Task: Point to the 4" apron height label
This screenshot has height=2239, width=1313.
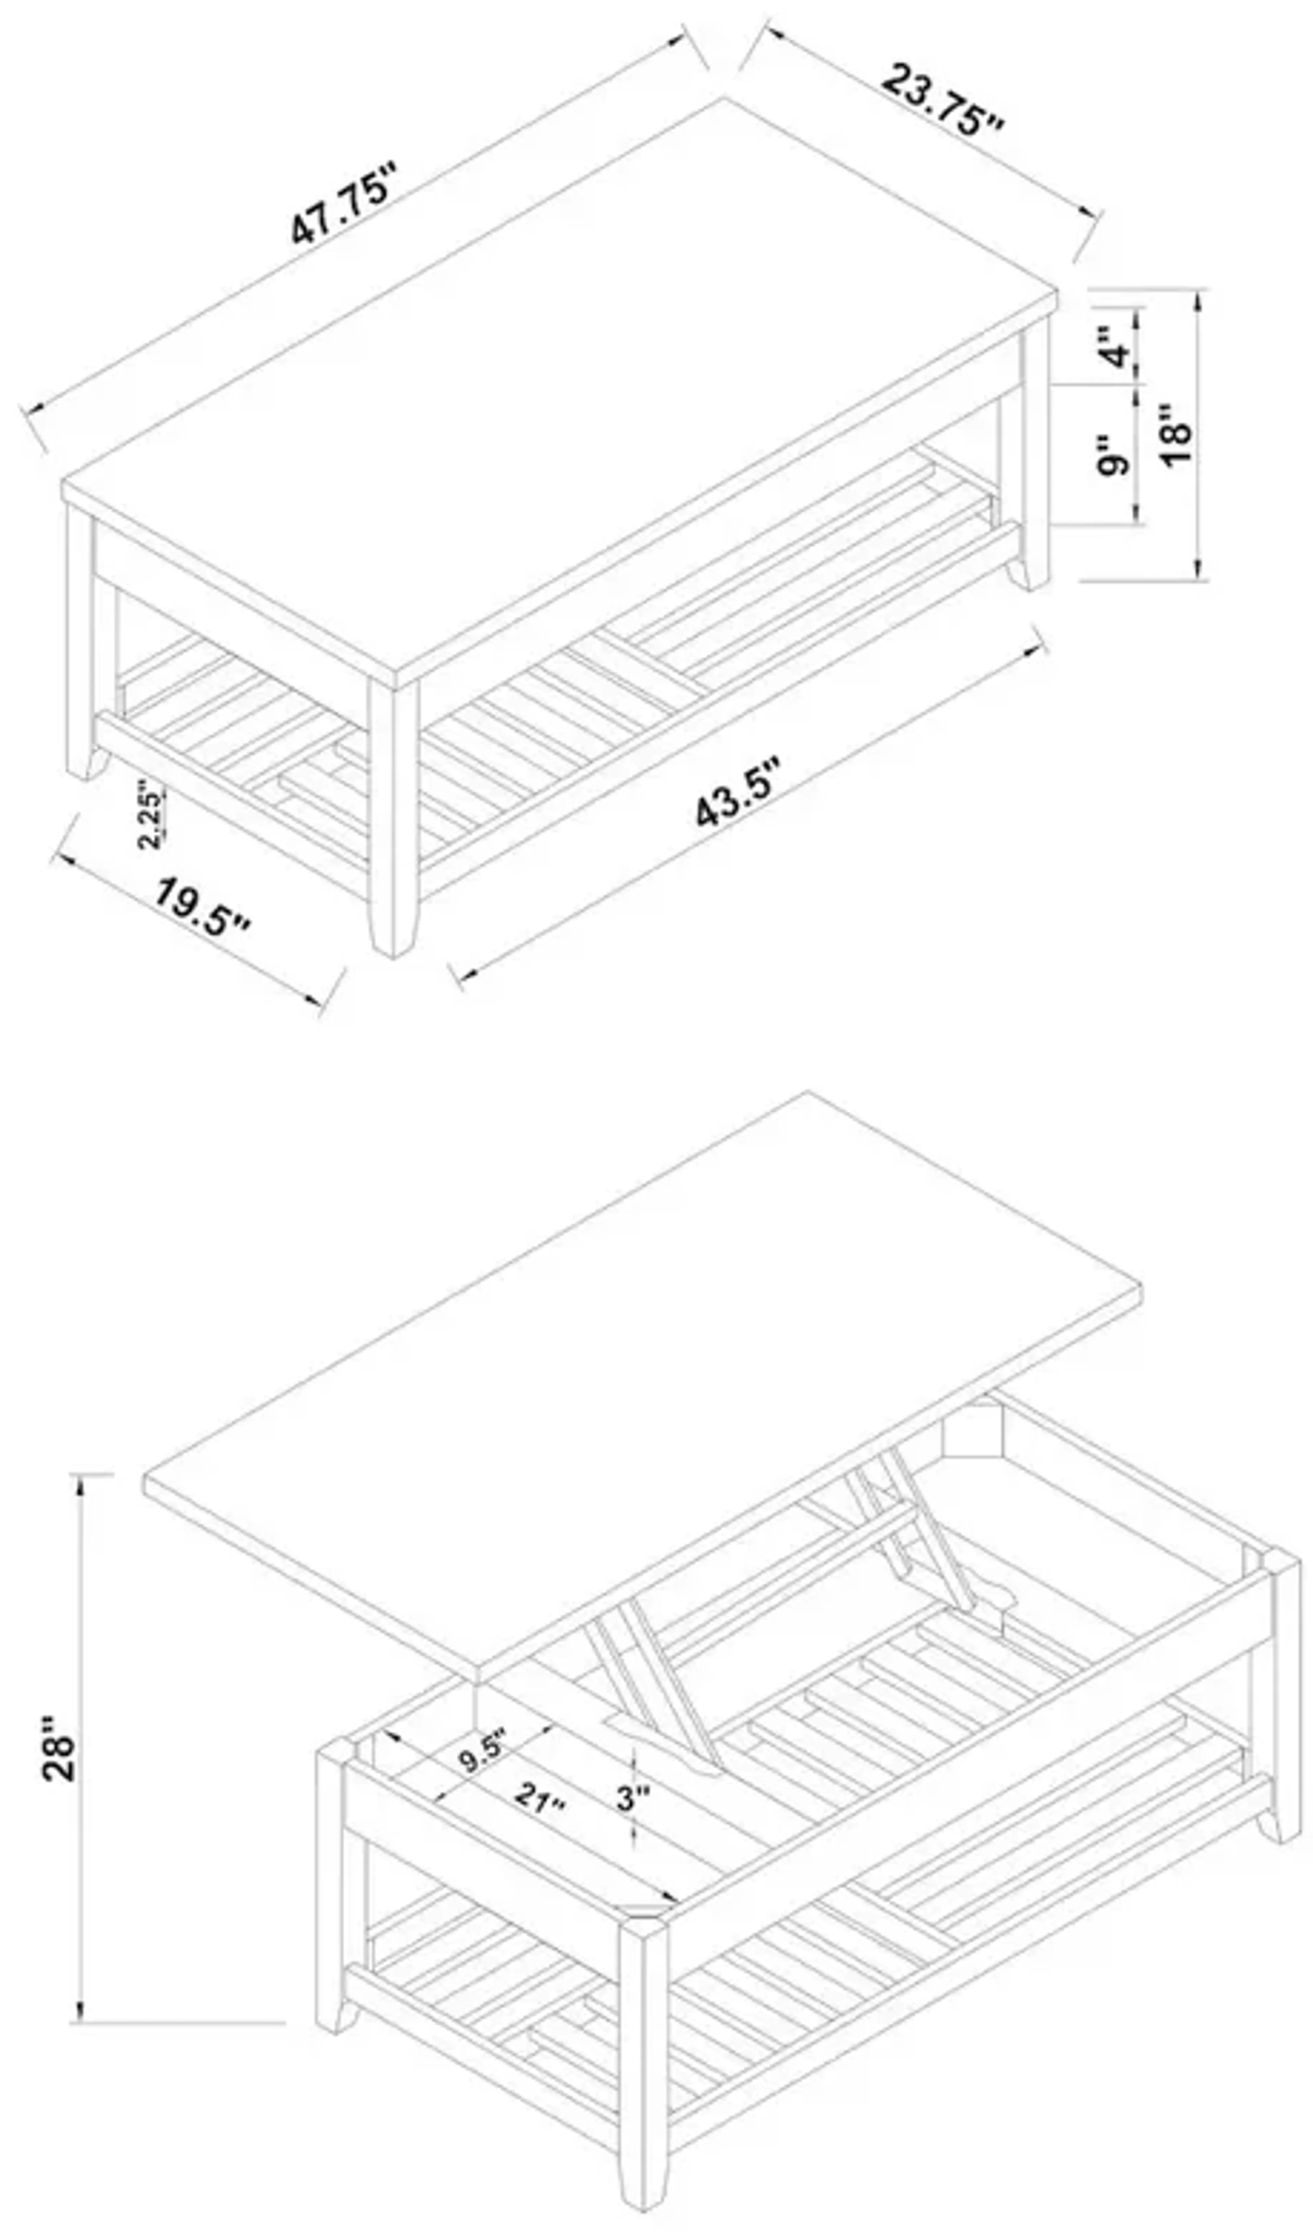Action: [1116, 347]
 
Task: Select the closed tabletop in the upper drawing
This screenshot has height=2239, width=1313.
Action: [560, 382]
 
